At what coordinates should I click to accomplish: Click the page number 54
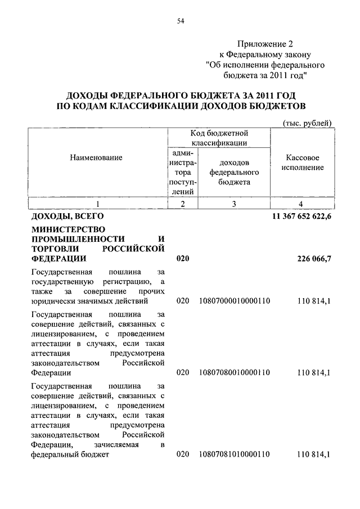[x=181, y=21]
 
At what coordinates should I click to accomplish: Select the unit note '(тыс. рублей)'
[x=306, y=123]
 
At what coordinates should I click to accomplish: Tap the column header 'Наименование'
[x=96, y=158]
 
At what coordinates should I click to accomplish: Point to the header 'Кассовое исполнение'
[x=303, y=163]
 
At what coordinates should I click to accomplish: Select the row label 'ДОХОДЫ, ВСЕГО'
[x=68, y=216]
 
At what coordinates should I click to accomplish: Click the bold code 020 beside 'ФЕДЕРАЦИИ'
[x=183, y=259]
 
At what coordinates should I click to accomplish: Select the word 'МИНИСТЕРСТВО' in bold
[x=64, y=229]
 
